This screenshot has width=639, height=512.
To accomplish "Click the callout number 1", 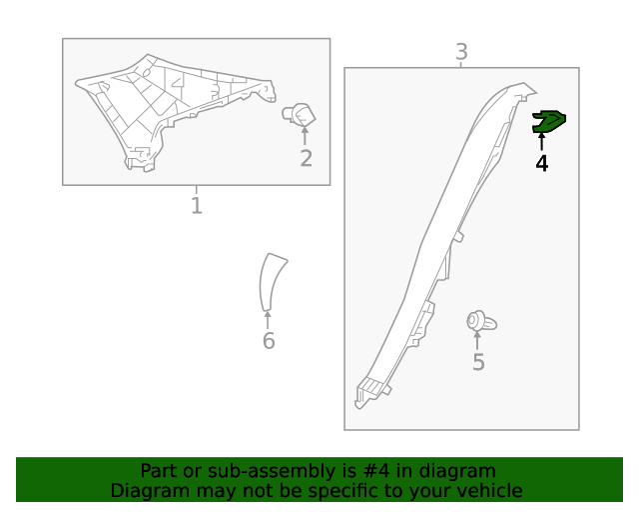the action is coord(197,205).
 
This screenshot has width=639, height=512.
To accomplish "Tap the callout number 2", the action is coord(307,158).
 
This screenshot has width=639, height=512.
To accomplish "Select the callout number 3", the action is coord(461,52).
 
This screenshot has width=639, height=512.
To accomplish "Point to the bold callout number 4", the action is coord(541,163).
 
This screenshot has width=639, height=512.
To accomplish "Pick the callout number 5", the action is coord(479,362).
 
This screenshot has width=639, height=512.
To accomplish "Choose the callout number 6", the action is coord(269,341).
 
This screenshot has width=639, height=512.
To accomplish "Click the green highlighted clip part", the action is coord(548,122).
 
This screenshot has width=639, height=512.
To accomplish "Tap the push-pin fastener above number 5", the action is coord(481,322).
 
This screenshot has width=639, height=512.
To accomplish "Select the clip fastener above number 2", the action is coord(300,115).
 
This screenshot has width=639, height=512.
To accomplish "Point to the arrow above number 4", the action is coord(541,142).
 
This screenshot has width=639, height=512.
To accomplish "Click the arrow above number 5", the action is coord(477,341).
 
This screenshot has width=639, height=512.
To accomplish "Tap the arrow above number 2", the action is coord(305,136).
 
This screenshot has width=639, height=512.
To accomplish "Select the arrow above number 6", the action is coord(268,320).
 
